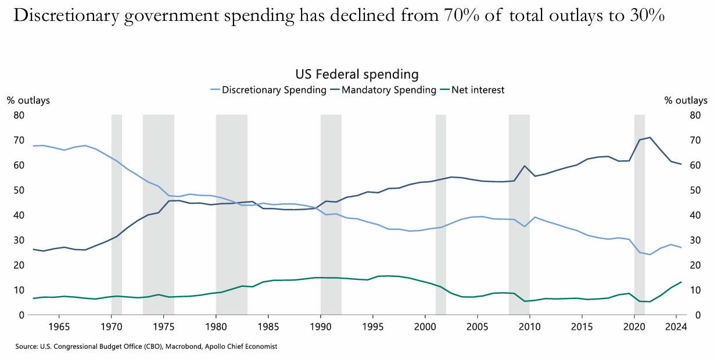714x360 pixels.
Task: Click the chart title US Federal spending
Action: tap(357, 74)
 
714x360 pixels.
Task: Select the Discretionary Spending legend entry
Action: tap(274, 90)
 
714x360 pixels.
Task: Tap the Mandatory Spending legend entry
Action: tap(389, 90)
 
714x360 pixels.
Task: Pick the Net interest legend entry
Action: tap(478, 90)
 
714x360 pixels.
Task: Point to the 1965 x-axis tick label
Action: tap(59, 326)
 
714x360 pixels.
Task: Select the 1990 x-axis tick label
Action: tap(320, 326)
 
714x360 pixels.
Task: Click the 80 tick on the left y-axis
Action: tap(19, 115)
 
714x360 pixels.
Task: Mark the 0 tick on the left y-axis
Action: tap(21, 315)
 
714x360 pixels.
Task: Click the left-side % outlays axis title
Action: tap(28, 100)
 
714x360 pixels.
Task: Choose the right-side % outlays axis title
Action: tap(686, 100)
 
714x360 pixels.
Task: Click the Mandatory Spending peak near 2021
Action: tap(650, 138)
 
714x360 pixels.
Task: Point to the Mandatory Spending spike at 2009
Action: tap(525, 166)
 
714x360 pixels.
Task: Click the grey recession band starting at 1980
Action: tap(231, 215)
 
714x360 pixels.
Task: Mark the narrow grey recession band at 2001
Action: tap(441, 215)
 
